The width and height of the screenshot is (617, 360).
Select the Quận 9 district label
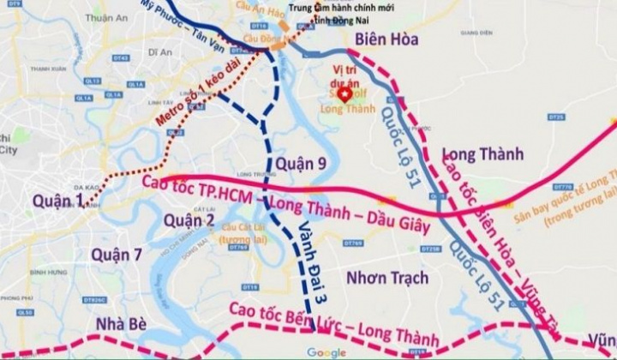[296, 163]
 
